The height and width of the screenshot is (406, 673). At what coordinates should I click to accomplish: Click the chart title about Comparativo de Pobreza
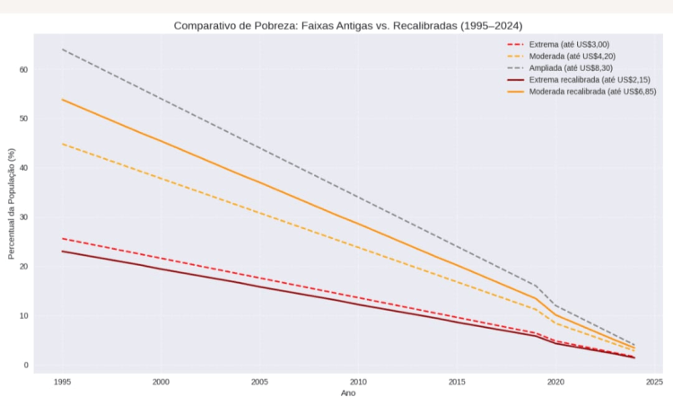(x=347, y=26)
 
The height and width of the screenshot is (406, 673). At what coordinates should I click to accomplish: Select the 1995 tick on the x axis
(x=62, y=382)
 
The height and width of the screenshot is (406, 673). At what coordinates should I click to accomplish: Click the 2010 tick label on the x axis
(x=358, y=382)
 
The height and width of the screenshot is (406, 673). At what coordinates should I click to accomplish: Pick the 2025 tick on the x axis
(x=653, y=382)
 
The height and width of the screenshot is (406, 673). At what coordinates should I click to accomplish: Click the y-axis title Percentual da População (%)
(x=12, y=205)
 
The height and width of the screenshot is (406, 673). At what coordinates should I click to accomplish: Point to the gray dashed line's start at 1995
(x=62, y=49)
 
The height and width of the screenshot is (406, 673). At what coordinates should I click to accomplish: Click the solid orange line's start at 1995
(x=62, y=100)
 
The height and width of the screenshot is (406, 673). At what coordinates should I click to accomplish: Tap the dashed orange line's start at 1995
(x=62, y=144)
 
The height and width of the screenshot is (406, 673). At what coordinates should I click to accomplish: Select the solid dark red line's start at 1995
(x=62, y=252)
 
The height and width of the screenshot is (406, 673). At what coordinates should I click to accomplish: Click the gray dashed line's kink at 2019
(x=536, y=286)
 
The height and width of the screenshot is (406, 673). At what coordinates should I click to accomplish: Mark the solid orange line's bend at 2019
(x=536, y=298)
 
